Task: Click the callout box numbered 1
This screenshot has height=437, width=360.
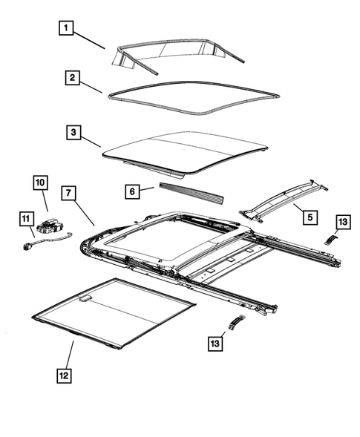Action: [x=67, y=29]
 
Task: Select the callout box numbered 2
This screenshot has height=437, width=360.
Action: [x=71, y=77]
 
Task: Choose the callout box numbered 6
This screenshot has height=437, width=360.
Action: [x=132, y=191]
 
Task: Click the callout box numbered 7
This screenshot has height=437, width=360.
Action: [x=67, y=194]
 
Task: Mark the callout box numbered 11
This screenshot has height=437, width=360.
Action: [x=26, y=218]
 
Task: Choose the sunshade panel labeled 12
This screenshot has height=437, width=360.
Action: [x=119, y=312]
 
